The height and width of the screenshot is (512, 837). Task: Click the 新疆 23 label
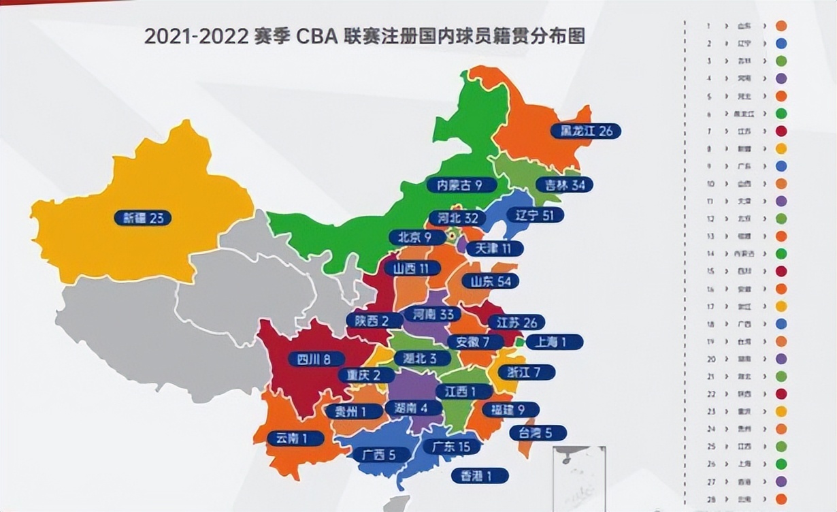pyautogui.click(x=143, y=218)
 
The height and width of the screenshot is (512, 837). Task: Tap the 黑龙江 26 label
pyautogui.click(x=586, y=131)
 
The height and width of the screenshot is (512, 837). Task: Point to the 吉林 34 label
pyautogui.click(x=564, y=185)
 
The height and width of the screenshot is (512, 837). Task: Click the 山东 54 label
pyautogui.click(x=490, y=281)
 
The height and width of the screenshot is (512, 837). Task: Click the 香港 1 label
pyautogui.click(x=479, y=475)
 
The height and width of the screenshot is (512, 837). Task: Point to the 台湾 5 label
pyautogui.click(x=538, y=432)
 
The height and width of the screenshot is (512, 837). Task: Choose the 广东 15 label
pyautogui.click(x=451, y=447)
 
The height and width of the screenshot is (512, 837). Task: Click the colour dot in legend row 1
pyautogui.click(x=781, y=26)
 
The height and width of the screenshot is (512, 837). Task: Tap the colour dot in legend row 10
pyautogui.click(x=781, y=183)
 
